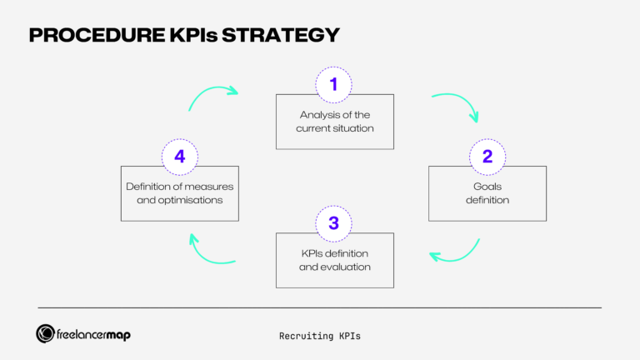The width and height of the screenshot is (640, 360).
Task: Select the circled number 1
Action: [333, 84]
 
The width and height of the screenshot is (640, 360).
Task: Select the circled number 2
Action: [487, 156]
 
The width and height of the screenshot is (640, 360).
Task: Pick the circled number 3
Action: [333, 222]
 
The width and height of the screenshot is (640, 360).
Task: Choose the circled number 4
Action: [179, 156]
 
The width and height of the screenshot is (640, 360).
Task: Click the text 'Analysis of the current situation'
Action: [334, 122]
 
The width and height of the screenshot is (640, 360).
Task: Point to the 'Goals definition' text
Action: [487, 193]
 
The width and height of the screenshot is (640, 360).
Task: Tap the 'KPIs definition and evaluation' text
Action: [334, 260]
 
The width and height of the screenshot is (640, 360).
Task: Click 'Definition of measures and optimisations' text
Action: [180, 192]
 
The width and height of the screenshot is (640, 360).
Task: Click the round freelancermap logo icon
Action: [46, 333]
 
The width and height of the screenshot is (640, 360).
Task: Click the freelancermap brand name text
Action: [94, 334]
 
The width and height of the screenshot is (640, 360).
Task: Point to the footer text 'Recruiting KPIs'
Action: [320, 336]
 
